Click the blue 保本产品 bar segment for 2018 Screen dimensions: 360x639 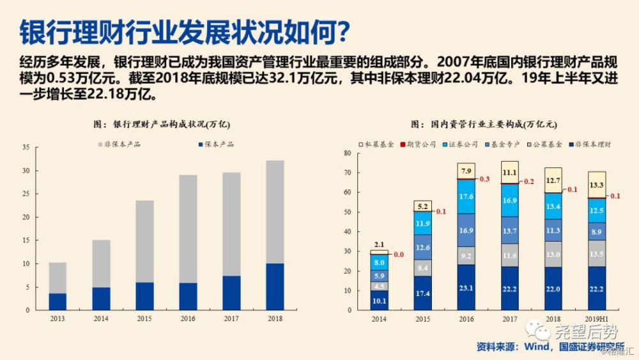pos(275,286)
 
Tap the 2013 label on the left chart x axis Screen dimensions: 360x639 pos(58,318)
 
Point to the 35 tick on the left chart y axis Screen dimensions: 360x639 pos(26,148)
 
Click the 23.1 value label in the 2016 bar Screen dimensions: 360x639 pos(466,288)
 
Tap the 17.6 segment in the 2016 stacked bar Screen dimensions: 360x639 pos(466,196)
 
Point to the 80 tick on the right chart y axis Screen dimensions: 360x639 pos(348,153)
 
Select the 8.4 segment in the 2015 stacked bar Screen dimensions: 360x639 pos(423,268)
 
